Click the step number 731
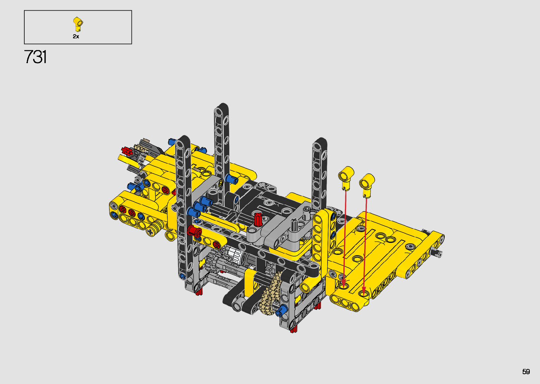click(35, 57)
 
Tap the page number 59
click(526, 371)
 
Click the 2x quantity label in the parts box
click(76, 36)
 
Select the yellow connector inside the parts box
click(78, 24)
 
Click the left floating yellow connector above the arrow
click(346, 177)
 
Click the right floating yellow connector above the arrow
click(367, 184)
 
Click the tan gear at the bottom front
click(270, 293)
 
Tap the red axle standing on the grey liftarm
click(258, 219)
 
